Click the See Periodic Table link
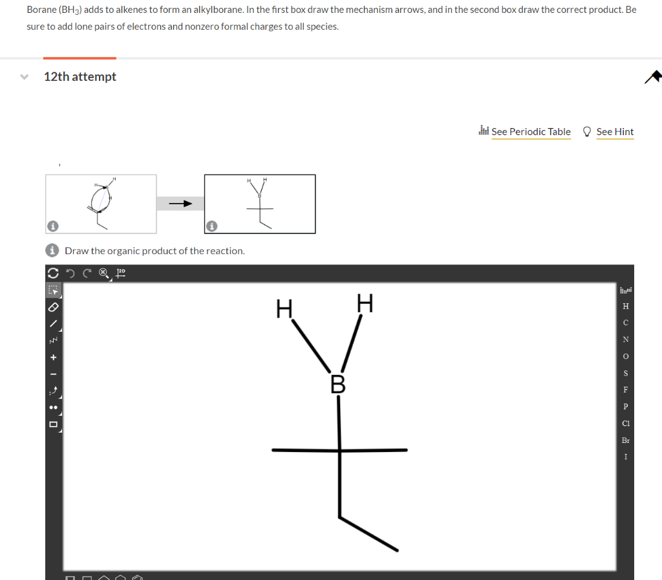point(531,132)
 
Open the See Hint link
point(614,132)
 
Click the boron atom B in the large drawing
point(338,384)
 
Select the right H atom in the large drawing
point(365,303)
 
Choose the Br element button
point(625,440)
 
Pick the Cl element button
point(625,424)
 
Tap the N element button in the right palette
point(625,339)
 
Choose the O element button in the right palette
point(625,356)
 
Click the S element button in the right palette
point(625,373)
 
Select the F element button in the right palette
point(625,390)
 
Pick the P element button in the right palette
point(625,407)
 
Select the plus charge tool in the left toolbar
point(54,357)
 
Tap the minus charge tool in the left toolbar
point(54,374)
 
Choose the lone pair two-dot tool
point(54,408)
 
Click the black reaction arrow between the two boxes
point(180,204)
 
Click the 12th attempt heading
point(80,77)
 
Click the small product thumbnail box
point(260,204)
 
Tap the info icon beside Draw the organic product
point(54,251)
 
